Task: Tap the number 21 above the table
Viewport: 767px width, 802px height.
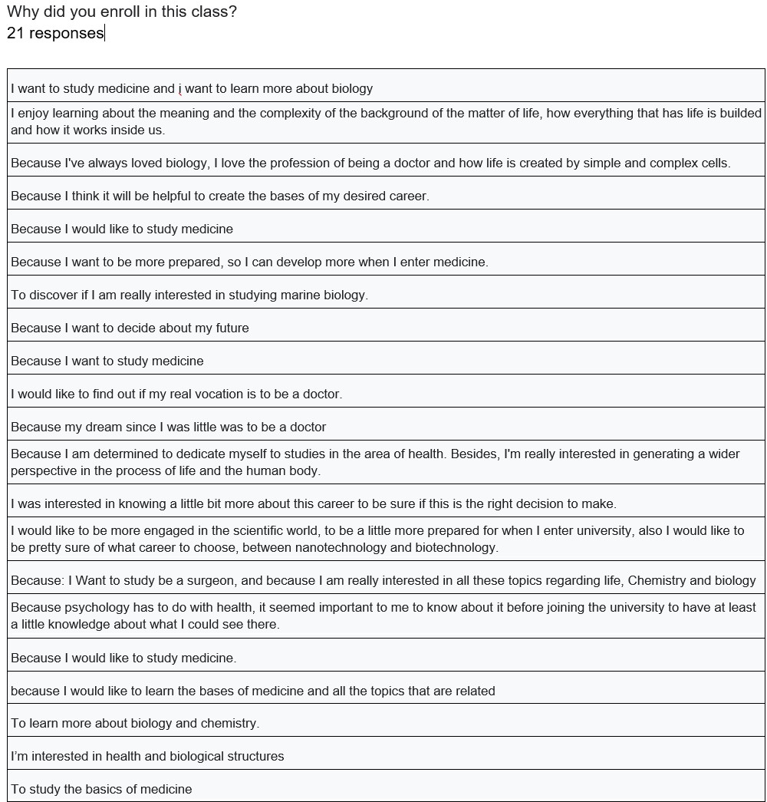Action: click(15, 33)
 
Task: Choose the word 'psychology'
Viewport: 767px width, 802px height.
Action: click(96, 607)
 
